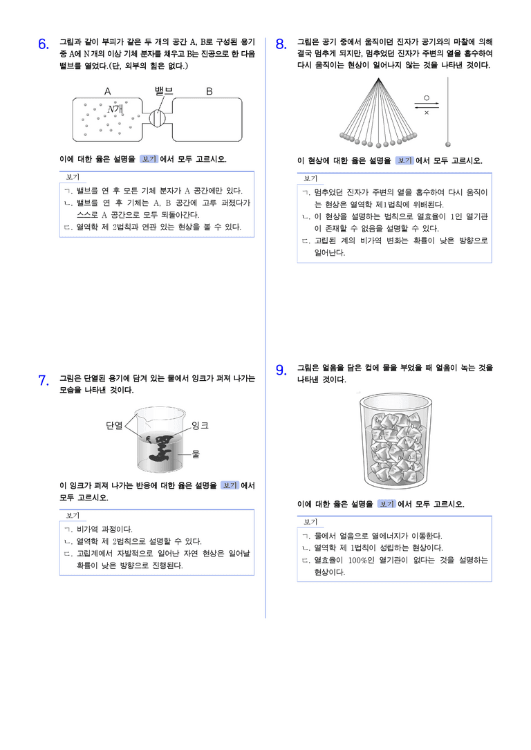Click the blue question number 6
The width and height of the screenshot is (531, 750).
(x=43, y=44)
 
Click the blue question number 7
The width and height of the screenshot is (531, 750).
(x=43, y=381)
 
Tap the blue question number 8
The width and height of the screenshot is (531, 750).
(x=281, y=44)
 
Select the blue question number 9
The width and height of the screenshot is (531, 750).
(x=281, y=371)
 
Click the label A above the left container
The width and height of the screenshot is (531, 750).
(x=108, y=91)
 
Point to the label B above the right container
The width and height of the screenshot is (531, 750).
(x=209, y=91)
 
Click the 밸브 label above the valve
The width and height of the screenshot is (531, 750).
(x=164, y=91)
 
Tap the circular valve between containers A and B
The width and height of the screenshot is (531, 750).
(x=158, y=118)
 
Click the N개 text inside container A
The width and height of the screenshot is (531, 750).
(x=115, y=109)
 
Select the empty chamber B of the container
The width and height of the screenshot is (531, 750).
(x=207, y=120)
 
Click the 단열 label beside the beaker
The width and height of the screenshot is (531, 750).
(x=114, y=425)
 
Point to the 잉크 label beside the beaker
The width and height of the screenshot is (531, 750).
(x=200, y=425)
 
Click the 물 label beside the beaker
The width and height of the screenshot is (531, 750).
(x=196, y=454)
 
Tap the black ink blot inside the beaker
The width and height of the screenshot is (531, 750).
(x=159, y=447)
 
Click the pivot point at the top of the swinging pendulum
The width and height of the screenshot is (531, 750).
(x=378, y=79)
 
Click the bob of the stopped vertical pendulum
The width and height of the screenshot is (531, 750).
(x=448, y=144)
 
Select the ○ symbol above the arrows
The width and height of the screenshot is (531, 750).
(x=426, y=98)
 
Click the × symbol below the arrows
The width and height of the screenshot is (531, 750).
(x=426, y=113)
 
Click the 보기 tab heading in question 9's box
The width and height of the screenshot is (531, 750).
(x=310, y=522)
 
